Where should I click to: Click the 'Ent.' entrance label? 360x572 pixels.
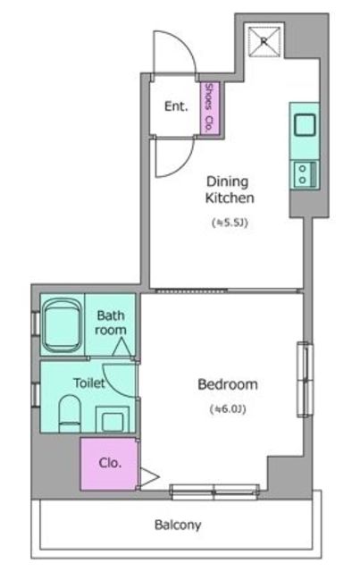pyautogui.click(x=176, y=106)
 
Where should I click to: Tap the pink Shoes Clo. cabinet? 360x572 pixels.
pyautogui.click(x=210, y=108)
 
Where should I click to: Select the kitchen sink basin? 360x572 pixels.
pyautogui.click(x=305, y=125)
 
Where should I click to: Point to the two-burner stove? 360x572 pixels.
pyautogui.click(x=306, y=174)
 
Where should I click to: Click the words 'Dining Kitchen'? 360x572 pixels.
pyautogui.click(x=230, y=189)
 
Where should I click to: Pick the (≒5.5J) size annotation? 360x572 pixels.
pyautogui.click(x=230, y=223)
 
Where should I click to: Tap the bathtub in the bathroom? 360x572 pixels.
pyautogui.click(x=62, y=325)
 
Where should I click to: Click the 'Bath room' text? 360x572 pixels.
pyautogui.click(x=111, y=323)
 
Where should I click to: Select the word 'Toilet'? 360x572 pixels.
pyautogui.click(x=89, y=383)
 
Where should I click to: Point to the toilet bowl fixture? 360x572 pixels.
pyautogui.click(x=70, y=414)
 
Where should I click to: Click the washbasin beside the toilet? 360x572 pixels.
pyautogui.click(x=113, y=419)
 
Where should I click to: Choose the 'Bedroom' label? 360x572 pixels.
pyautogui.click(x=228, y=384)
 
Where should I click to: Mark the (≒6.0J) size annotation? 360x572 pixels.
pyautogui.click(x=228, y=409)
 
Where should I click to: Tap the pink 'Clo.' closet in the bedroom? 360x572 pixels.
pyautogui.click(x=109, y=464)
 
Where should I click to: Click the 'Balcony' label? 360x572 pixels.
pyautogui.click(x=178, y=525)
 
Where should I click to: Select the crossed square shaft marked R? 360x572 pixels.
pyautogui.click(x=265, y=41)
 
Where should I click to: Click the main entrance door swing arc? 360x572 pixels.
pyautogui.click(x=186, y=43)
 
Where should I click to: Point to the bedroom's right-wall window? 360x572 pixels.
pyautogui.click(x=305, y=379)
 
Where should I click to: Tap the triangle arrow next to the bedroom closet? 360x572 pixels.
pyautogui.click(x=149, y=476)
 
